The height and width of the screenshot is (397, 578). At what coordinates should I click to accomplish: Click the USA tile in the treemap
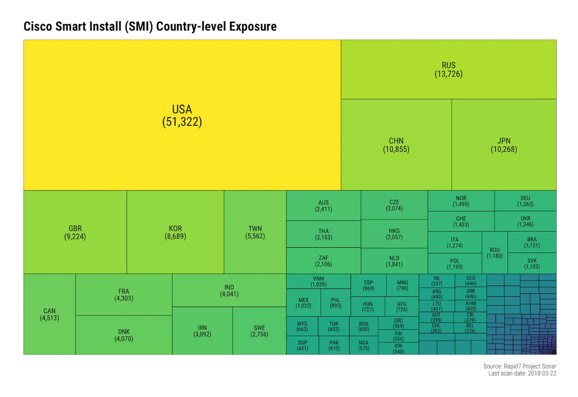182,115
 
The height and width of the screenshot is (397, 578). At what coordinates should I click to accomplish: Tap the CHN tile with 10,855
396,145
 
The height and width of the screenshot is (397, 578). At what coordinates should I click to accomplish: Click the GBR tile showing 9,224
75,232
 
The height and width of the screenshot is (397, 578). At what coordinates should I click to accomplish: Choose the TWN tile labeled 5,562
255,232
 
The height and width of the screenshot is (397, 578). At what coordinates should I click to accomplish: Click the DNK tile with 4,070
124,335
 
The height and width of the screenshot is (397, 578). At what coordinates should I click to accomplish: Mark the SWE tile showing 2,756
259,331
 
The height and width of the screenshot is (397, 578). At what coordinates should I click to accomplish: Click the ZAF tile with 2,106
323,261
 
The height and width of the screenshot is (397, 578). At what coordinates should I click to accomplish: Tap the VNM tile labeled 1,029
318,282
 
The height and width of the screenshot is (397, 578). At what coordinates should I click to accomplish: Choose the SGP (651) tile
302,345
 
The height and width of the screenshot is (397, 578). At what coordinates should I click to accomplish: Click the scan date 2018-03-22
542,373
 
